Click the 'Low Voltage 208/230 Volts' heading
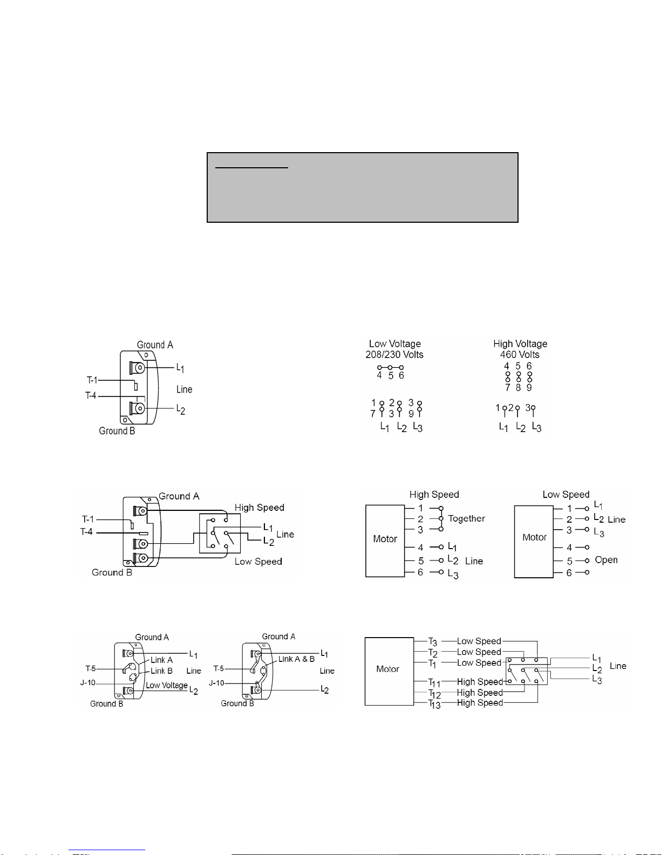(x=394, y=349)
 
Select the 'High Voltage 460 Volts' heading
(x=520, y=349)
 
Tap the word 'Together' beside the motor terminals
(x=466, y=518)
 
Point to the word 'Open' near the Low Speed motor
(x=606, y=560)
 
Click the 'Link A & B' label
(x=296, y=659)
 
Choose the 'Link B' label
(x=161, y=671)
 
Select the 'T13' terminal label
(x=434, y=704)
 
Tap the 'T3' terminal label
(x=432, y=642)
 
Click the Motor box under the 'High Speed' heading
(x=385, y=541)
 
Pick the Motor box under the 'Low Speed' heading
(x=534, y=542)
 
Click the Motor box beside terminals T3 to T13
(x=389, y=671)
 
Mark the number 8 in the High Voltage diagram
(x=518, y=388)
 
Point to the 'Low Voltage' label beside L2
(x=166, y=686)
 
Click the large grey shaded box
(x=363, y=187)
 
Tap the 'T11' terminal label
(x=434, y=683)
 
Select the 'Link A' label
(x=162, y=660)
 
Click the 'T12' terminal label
(x=434, y=694)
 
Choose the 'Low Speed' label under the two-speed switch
(x=258, y=562)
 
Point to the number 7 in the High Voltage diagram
(x=508, y=388)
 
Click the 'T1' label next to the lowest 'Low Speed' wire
(x=432, y=664)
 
